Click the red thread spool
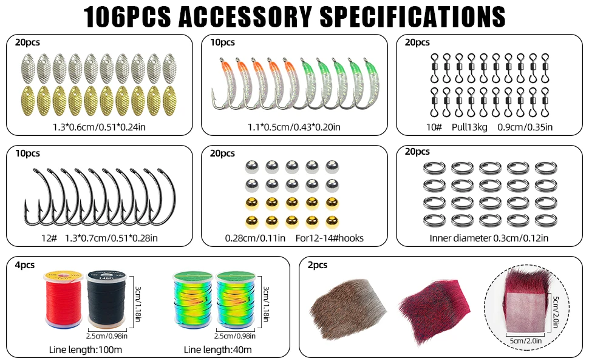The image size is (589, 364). click(x=64, y=298)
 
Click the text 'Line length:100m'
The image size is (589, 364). click(x=86, y=349)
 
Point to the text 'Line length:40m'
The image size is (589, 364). click(x=218, y=349)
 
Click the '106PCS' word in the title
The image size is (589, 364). click(x=127, y=17)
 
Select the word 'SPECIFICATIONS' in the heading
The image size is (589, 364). click(x=412, y=17)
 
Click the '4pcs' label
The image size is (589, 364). click(x=25, y=265)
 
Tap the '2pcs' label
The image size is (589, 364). click(x=318, y=265)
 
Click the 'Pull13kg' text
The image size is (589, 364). click(x=469, y=127)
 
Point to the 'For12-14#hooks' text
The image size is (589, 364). click(x=330, y=238)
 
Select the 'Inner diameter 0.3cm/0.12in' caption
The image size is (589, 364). click(x=489, y=238)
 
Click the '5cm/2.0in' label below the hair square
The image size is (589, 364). click(x=525, y=341)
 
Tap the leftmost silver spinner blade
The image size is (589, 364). click(x=27, y=69)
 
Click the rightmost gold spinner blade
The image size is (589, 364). click(x=169, y=101)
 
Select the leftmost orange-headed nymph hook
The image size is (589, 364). click(x=222, y=83)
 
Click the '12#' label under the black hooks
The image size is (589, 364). click(x=49, y=238)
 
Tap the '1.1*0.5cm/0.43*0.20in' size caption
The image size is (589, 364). click(x=294, y=127)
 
